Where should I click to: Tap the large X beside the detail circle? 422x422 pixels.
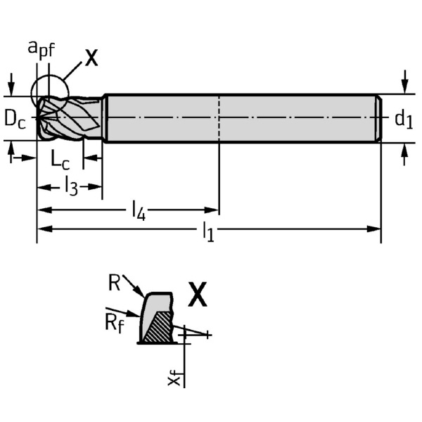[x=91, y=58]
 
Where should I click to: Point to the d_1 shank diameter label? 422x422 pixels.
[x=402, y=120]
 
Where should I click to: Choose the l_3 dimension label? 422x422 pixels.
[x=70, y=186]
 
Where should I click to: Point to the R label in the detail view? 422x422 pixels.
[x=115, y=283]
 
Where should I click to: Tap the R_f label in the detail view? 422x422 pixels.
[x=114, y=323]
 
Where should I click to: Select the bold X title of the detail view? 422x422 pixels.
[x=198, y=295]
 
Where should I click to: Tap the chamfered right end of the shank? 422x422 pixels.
[x=378, y=118]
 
